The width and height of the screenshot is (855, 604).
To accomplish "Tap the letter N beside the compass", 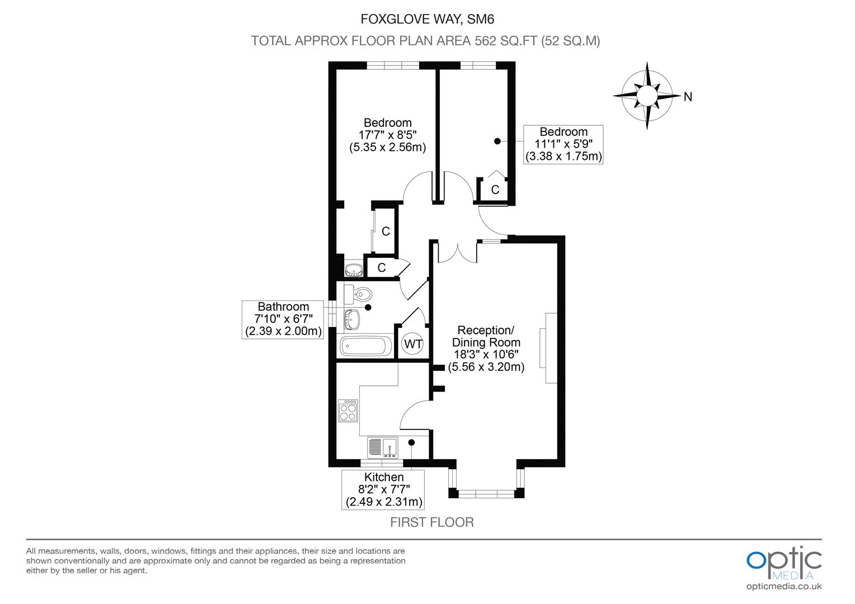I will pyautogui.click(x=688, y=97).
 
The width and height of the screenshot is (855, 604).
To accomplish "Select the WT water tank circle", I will pyautogui.click(x=413, y=344).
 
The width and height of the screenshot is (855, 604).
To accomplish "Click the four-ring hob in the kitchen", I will pyautogui.click(x=348, y=410).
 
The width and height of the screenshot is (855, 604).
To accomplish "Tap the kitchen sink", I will pyautogui.click(x=383, y=447).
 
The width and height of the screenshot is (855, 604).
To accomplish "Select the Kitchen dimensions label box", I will pyautogui.click(x=383, y=489).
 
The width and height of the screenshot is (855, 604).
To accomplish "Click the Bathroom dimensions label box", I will pyautogui.click(x=283, y=319).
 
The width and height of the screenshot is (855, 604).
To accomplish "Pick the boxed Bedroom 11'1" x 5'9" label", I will pyautogui.click(x=563, y=144).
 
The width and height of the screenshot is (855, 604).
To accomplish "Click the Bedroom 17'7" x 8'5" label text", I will pyautogui.click(x=387, y=135).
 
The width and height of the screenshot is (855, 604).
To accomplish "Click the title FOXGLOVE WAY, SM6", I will pyautogui.click(x=427, y=20).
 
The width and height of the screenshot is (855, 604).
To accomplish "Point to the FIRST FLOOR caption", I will pyautogui.click(x=431, y=522).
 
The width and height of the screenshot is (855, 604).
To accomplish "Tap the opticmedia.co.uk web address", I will pyautogui.click(x=784, y=587).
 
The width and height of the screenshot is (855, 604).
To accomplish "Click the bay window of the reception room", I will pyautogui.click(x=486, y=492).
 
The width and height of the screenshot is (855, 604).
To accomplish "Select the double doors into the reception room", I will pyautogui.click(x=458, y=252).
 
